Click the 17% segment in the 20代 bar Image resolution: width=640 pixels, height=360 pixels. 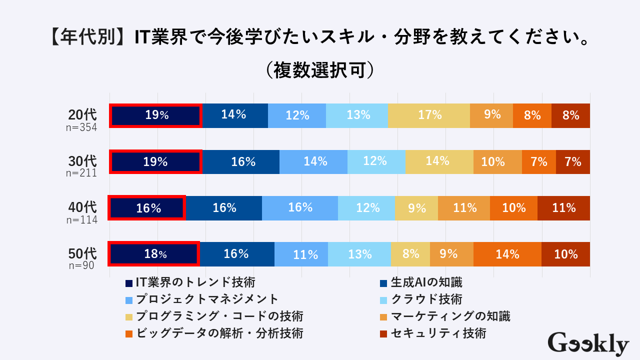(x=429, y=115)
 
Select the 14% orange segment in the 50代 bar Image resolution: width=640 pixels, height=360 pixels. (x=507, y=254)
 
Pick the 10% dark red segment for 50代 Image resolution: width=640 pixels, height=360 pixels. (x=565, y=254)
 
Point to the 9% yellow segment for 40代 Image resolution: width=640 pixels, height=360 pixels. (x=416, y=208)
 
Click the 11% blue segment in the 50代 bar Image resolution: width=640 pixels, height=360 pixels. (x=301, y=254)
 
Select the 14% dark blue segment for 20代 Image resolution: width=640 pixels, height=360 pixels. (x=234, y=115)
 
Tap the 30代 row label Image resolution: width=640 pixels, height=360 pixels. (x=82, y=161)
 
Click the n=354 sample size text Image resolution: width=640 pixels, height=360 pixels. (x=81, y=127)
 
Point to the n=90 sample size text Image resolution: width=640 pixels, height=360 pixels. (x=81, y=265)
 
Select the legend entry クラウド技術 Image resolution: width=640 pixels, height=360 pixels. (x=426, y=299)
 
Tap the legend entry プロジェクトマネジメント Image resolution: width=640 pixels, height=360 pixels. (x=207, y=299)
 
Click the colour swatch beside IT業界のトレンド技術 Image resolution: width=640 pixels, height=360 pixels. (x=129, y=283)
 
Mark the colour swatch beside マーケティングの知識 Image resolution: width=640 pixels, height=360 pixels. (x=384, y=317)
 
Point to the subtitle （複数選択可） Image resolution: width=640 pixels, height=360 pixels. (x=320, y=70)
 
